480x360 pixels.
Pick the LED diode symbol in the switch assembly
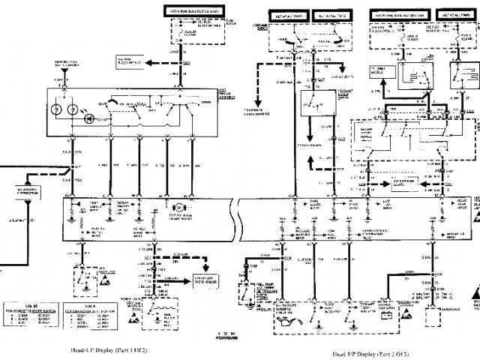click(88, 116)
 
